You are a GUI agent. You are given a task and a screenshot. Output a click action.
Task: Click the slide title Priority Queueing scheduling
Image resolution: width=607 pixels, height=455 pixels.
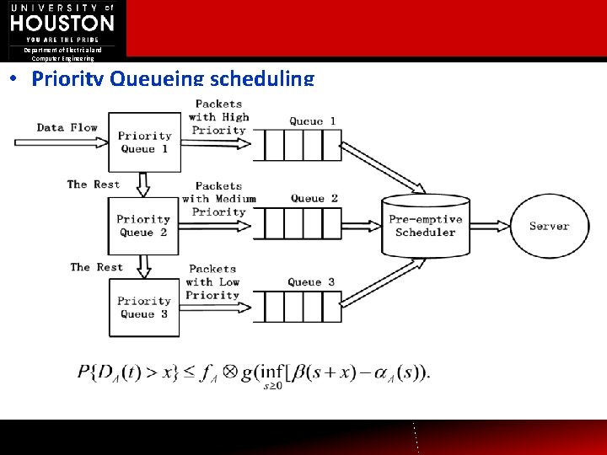172,79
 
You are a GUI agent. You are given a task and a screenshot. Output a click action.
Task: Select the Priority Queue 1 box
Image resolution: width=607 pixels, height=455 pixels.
143,142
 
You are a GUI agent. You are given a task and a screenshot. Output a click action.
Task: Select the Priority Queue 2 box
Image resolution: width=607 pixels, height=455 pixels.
143,226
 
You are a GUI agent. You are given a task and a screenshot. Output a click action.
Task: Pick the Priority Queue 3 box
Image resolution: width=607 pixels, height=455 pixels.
143,308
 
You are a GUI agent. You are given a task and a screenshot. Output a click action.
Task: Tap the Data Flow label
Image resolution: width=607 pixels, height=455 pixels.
67,128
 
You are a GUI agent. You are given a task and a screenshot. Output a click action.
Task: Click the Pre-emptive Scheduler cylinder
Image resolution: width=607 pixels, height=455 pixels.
425,225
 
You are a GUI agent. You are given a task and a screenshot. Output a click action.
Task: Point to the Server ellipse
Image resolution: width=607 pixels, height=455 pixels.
549,226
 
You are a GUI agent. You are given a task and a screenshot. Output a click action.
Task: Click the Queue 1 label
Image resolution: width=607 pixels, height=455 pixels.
312,121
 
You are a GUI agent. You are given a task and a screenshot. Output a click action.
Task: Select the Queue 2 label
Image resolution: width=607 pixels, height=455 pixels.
314,199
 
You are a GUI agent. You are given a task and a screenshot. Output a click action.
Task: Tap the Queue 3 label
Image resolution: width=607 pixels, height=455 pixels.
311,282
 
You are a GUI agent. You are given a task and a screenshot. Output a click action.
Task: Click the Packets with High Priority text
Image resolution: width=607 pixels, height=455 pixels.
219,117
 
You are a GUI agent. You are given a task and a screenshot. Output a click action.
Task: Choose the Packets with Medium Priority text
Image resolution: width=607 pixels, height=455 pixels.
218,199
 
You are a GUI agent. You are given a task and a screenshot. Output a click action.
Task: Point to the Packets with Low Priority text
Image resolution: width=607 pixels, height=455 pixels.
212,282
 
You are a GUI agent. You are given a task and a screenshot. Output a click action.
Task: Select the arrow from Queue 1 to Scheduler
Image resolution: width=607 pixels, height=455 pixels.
384,168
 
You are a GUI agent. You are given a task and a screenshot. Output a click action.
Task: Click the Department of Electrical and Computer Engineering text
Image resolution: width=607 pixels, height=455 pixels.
63,55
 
